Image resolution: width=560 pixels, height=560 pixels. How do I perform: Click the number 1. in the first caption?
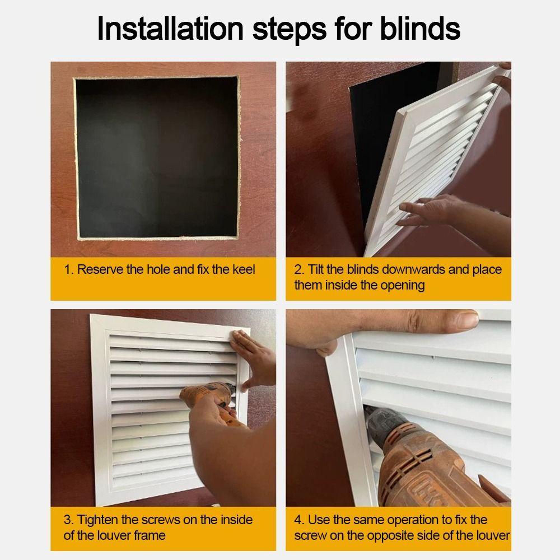[x=69, y=270]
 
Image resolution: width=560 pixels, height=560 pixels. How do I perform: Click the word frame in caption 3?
[x=150, y=535]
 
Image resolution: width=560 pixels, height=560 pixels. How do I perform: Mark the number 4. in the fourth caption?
[x=299, y=520]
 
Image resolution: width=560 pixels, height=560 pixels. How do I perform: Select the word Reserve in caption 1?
[x=100, y=270]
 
